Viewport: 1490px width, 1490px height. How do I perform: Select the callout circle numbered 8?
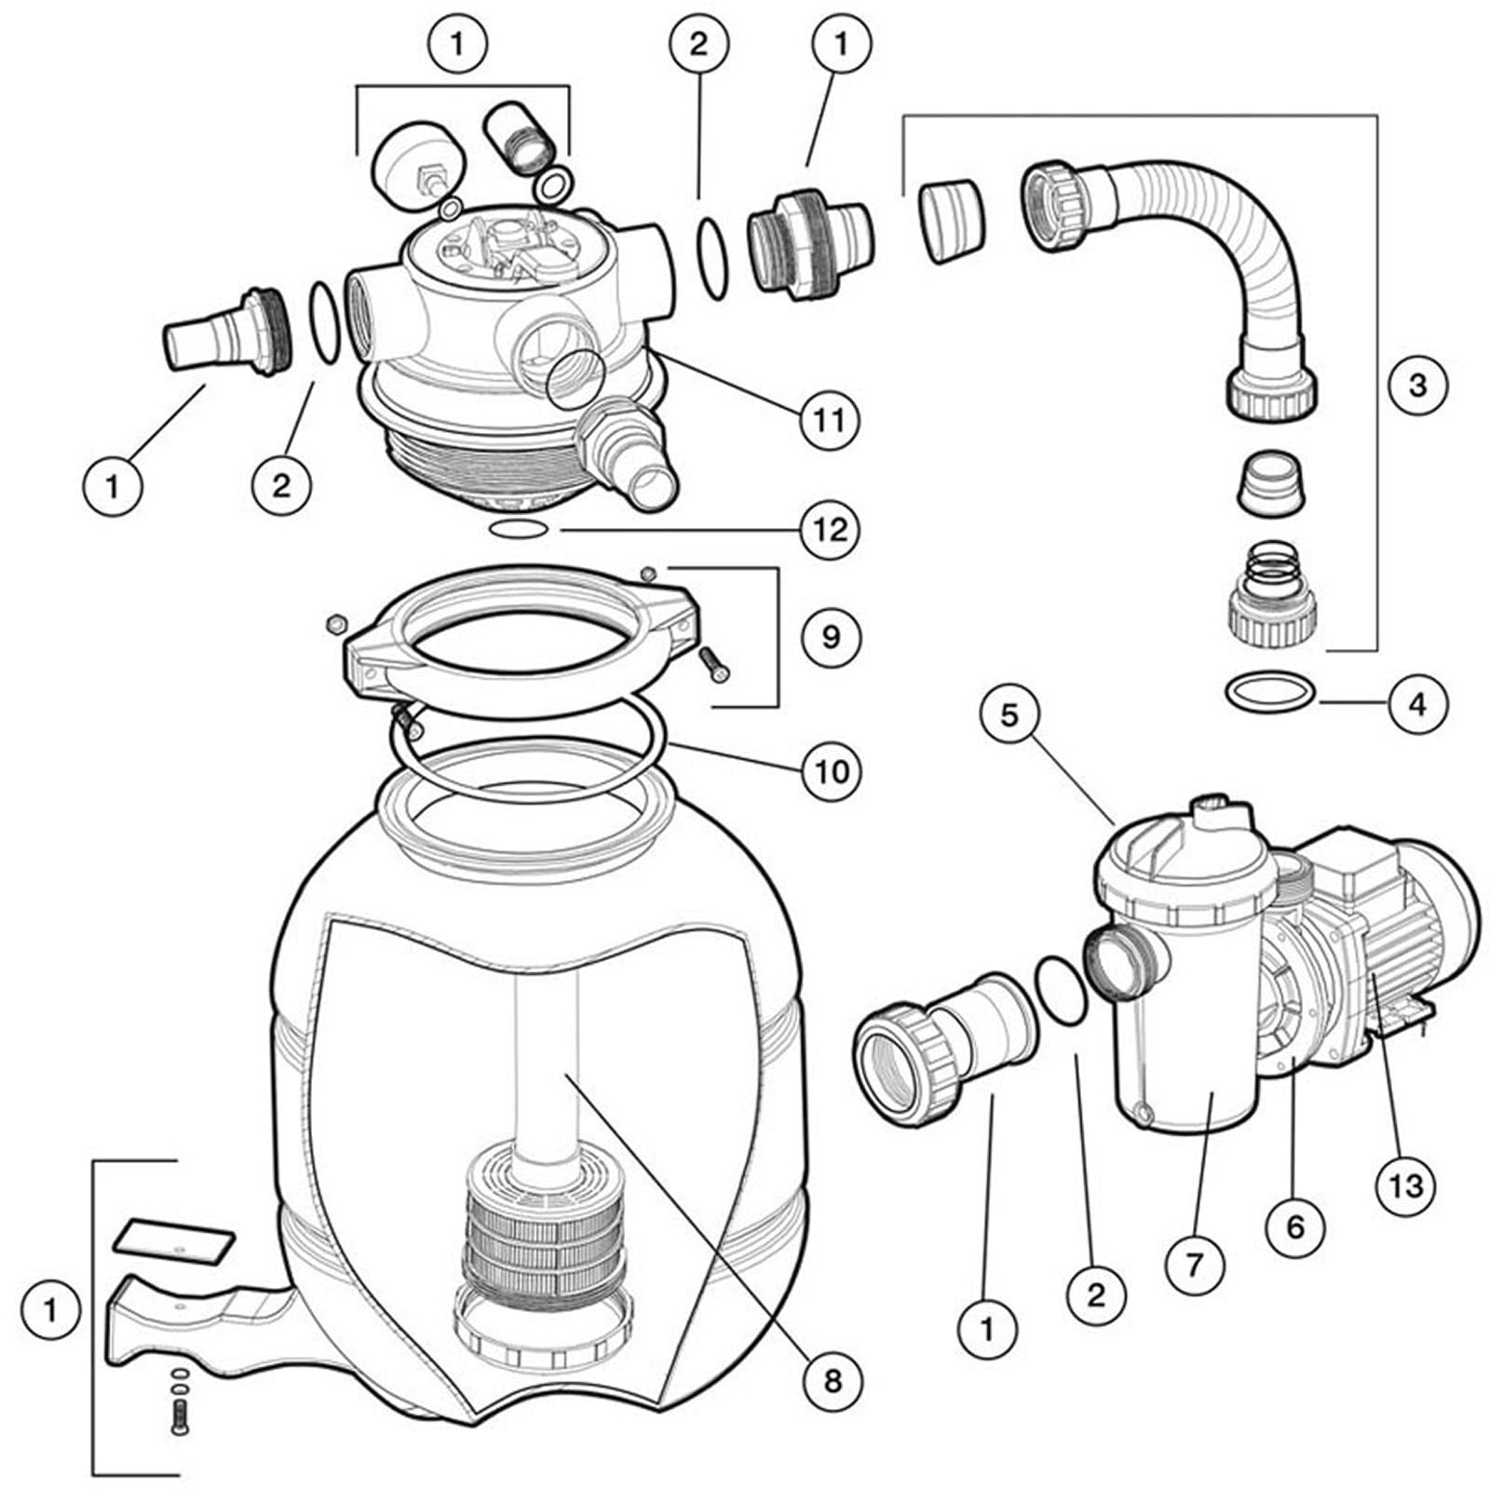point(831,1380)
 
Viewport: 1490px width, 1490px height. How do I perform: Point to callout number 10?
point(831,770)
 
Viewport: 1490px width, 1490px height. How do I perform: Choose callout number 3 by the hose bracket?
point(1417,384)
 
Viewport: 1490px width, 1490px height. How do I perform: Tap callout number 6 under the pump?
point(1295,1227)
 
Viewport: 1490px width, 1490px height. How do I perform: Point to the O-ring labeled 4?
point(1270,694)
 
